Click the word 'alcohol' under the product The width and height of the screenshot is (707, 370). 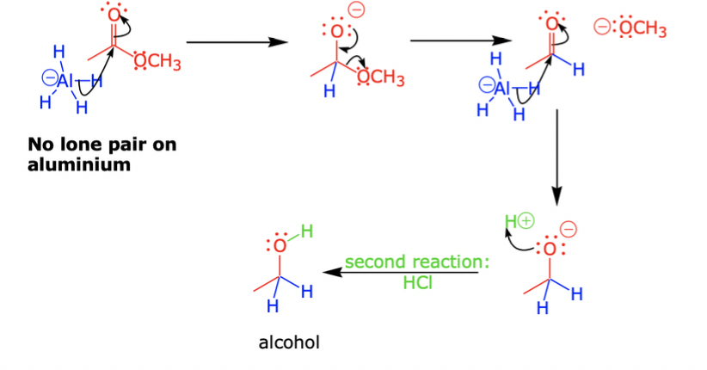(x=289, y=342)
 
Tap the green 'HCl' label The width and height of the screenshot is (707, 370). (x=417, y=281)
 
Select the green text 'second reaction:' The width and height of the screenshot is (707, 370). (x=416, y=262)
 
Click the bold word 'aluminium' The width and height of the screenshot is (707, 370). (x=79, y=164)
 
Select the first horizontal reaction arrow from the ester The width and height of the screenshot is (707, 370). (x=235, y=41)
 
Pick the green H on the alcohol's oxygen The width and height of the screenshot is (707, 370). (x=305, y=231)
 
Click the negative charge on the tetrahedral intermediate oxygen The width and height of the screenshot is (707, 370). (x=356, y=11)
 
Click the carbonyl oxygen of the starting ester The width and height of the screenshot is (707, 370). (x=113, y=17)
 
